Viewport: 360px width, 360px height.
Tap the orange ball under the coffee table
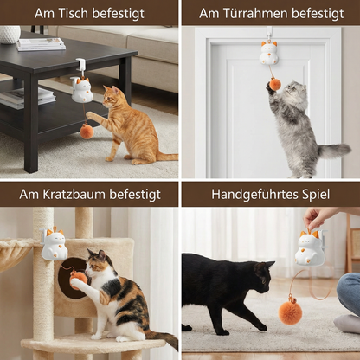tap(87, 131)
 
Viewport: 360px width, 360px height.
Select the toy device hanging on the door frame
tap(268, 52)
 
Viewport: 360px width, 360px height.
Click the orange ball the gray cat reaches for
tap(274, 84)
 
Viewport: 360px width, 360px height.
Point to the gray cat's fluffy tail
tap(332, 151)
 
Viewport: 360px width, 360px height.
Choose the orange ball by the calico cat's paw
tap(80, 277)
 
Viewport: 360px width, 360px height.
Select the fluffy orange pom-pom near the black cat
tap(291, 312)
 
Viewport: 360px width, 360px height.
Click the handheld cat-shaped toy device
tap(310, 247)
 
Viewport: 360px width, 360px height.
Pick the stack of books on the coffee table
tap(41, 43)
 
